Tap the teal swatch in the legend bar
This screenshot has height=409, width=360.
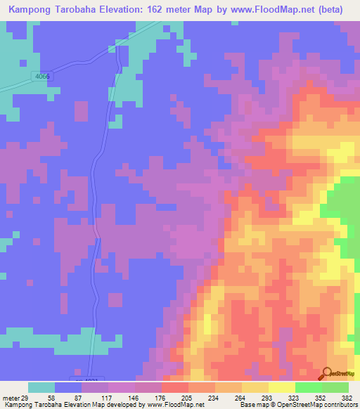tap(41, 387)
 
